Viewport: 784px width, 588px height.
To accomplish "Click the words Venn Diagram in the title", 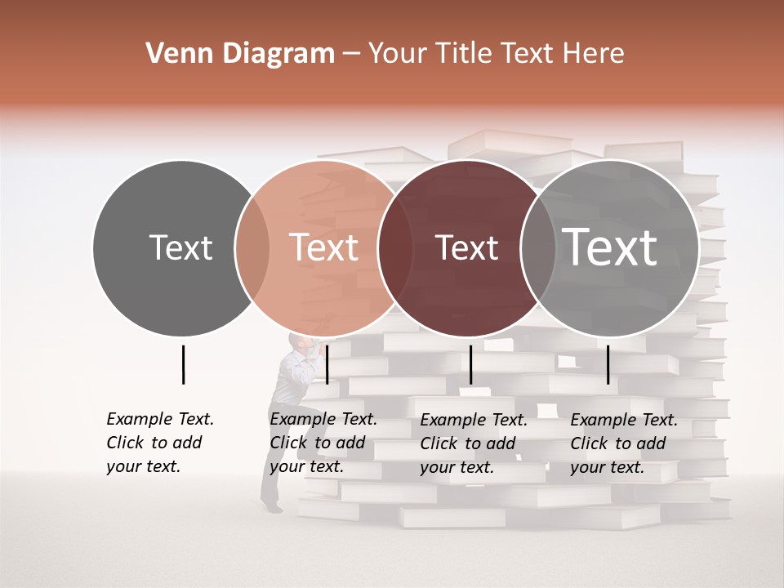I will pos(240,54).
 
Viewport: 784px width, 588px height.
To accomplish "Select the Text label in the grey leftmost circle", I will pos(180,248).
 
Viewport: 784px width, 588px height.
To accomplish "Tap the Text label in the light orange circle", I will pos(323,248).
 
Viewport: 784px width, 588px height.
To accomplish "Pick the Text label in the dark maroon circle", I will pos(466,248).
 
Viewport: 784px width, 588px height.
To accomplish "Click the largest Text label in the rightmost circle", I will pos(609,247).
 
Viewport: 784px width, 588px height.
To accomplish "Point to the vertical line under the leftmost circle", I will pos(183,364).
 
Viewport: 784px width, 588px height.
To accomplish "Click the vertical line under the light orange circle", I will pos(327,364).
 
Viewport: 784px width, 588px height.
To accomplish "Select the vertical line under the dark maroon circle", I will pos(470,364).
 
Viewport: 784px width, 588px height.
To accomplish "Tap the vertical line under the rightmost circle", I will pos(608,364).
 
